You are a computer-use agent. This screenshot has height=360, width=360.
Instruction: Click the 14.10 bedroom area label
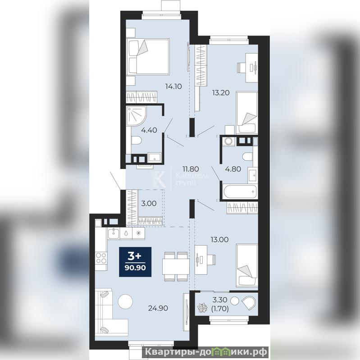coord(173,87)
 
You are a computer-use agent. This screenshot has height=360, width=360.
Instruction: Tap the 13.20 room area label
coord(221,93)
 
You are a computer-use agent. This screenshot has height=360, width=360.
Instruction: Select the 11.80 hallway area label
coord(191,169)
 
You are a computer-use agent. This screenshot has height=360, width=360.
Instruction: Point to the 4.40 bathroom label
coord(149,130)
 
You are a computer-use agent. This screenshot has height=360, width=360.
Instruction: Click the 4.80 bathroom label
coord(233,169)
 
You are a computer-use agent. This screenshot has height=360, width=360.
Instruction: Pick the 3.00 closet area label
coord(149,203)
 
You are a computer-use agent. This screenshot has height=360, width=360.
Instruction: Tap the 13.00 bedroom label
coord(220,240)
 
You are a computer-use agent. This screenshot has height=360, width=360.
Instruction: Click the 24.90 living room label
coord(158,308)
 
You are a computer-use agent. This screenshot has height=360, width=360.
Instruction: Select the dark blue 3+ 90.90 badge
coord(135,262)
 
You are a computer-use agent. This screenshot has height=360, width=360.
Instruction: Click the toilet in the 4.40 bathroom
coord(136,140)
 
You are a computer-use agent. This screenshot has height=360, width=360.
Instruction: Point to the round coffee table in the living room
coord(125,301)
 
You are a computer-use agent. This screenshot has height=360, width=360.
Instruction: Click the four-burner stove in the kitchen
coord(101,258)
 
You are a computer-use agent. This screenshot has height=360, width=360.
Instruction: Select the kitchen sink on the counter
coord(113,233)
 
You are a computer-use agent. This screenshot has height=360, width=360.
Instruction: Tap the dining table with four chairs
coord(176,266)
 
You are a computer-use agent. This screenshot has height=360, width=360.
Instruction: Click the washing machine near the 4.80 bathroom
coord(228,141)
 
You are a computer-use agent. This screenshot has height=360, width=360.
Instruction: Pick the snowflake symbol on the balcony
coord(202,308)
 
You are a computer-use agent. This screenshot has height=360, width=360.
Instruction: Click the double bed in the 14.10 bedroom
coord(148,56)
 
